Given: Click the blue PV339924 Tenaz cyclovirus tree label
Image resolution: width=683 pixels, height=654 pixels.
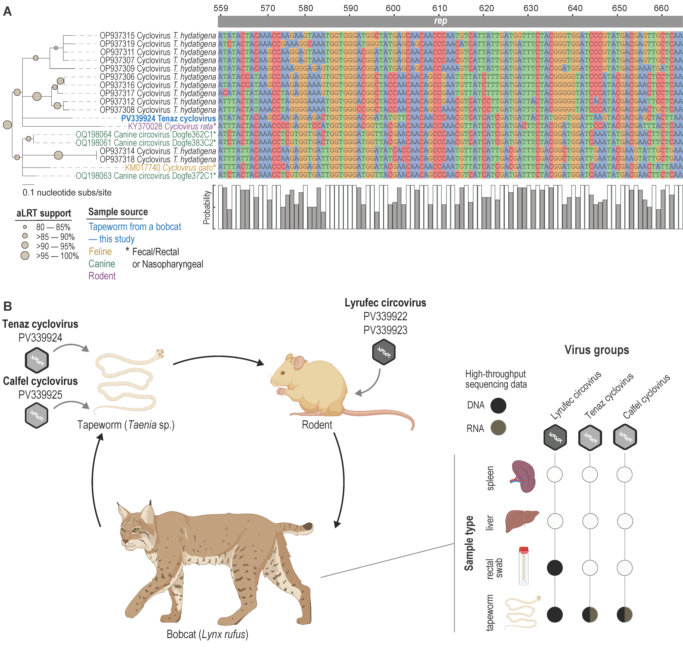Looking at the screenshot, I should pyautogui.click(x=168, y=118).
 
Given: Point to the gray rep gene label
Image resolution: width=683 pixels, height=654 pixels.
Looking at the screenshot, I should pyautogui.click(x=441, y=21).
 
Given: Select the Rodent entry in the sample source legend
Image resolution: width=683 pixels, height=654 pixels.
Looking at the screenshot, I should pyautogui.click(x=102, y=276).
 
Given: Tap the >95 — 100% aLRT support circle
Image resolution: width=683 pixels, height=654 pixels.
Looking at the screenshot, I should pyautogui.click(x=25, y=256).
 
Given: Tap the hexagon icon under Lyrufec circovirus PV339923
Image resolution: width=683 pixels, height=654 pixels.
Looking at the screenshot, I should pyautogui.click(x=384, y=352).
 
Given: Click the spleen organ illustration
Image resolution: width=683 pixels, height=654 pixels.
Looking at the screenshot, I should pyautogui.click(x=523, y=476).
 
